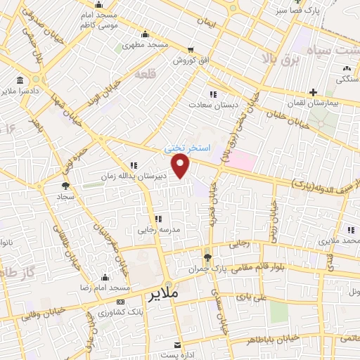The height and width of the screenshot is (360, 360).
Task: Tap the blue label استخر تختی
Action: click(x=186, y=148)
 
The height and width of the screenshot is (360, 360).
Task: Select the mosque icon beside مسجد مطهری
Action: click(x=145, y=34)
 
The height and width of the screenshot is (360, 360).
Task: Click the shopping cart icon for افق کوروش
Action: click(x=191, y=51)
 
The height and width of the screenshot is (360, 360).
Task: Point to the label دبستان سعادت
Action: click(x=209, y=104)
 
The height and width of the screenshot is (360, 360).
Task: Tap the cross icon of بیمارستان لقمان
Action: click(x=312, y=91)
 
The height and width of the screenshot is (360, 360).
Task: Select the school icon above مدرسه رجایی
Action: click(x=157, y=219)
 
